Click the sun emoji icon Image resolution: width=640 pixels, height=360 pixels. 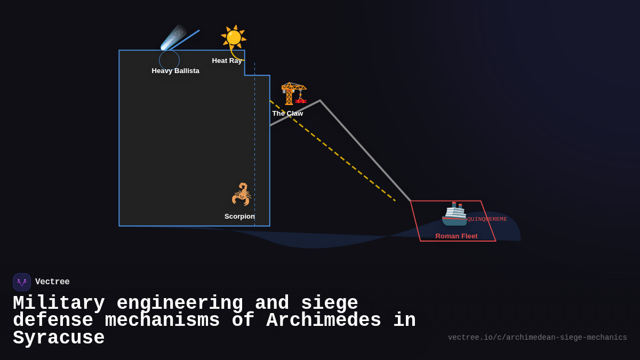(x=234, y=37)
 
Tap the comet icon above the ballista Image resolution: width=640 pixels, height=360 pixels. (x=174, y=37)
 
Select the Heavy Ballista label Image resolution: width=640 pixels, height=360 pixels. (x=175, y=71)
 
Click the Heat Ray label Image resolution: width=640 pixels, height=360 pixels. (x=227, y=61)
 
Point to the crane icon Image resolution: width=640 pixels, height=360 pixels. (x=294, y=93)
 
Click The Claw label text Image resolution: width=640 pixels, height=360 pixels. (x=287, y=114)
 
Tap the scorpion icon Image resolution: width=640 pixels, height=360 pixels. (x=242, y=194)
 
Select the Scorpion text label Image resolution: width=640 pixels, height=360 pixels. (x=239, y=217)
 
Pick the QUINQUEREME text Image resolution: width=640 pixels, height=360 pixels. (x=487, y=219)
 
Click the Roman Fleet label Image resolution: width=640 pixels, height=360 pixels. (x=457, y=236)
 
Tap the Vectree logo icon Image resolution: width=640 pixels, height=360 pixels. (x=22, y=282)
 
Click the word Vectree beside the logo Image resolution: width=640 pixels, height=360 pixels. (x=52, y=282)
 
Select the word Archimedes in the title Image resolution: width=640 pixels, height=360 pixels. (x=323, y=321)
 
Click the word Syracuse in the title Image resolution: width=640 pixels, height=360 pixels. (x=59, y=338)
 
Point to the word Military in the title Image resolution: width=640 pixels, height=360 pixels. (x=59, y=303)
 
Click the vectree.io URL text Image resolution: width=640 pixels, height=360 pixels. (x=537, y=338)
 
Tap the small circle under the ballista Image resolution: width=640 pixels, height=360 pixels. (x=169, y=60)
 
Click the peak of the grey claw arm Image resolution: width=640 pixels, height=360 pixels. (x=320, y=101)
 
